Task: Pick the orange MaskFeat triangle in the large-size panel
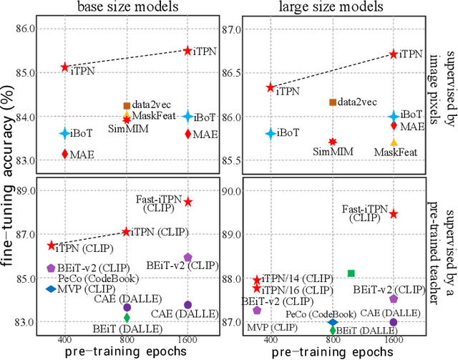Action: pos(394,142)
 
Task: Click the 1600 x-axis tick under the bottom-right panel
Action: pos(393,339)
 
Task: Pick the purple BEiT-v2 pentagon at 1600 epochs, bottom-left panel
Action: pos(188,257)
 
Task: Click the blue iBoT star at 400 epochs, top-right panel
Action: pos(271,133)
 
